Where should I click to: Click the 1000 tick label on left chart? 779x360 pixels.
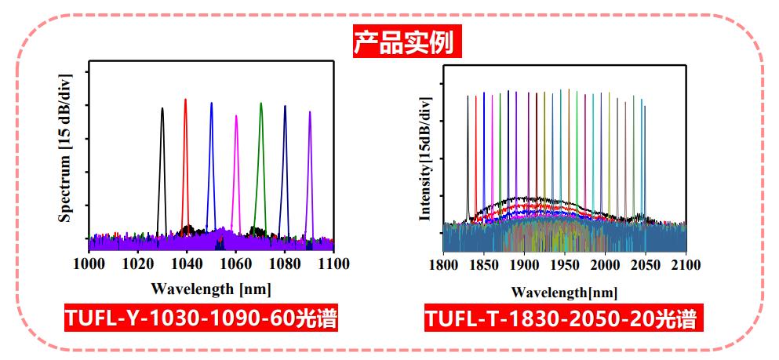90,264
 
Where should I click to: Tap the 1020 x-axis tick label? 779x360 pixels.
139,264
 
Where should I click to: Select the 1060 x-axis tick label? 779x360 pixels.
236,264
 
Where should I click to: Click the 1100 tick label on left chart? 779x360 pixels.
334,264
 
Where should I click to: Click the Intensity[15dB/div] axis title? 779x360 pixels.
425,160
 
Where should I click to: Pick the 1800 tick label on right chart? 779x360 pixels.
444,266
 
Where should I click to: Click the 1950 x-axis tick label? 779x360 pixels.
565,266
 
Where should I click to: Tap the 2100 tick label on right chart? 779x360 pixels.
686,266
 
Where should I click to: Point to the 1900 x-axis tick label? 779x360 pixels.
524,266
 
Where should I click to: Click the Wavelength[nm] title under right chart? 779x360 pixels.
564,292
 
